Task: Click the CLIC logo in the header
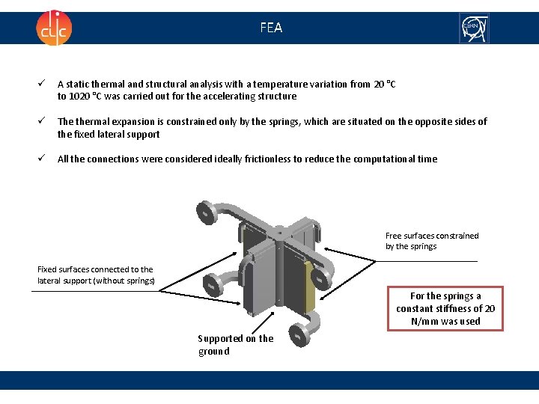(54, 28)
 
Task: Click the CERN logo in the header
(474, 28)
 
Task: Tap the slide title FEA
(271, 28)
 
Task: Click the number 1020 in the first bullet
(79, 97)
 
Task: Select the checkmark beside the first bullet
(42, 83)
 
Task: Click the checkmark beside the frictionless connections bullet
(42, 158)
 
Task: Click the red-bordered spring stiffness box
(445, 308)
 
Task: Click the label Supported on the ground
(236, 345)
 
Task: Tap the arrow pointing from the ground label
(263, 323)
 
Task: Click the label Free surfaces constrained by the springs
(432, 241)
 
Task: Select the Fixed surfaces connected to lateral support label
(96, 275)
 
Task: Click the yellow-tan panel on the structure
(309, 287)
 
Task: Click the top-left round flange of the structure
(207, 212)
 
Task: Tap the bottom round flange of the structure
(299, 334)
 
